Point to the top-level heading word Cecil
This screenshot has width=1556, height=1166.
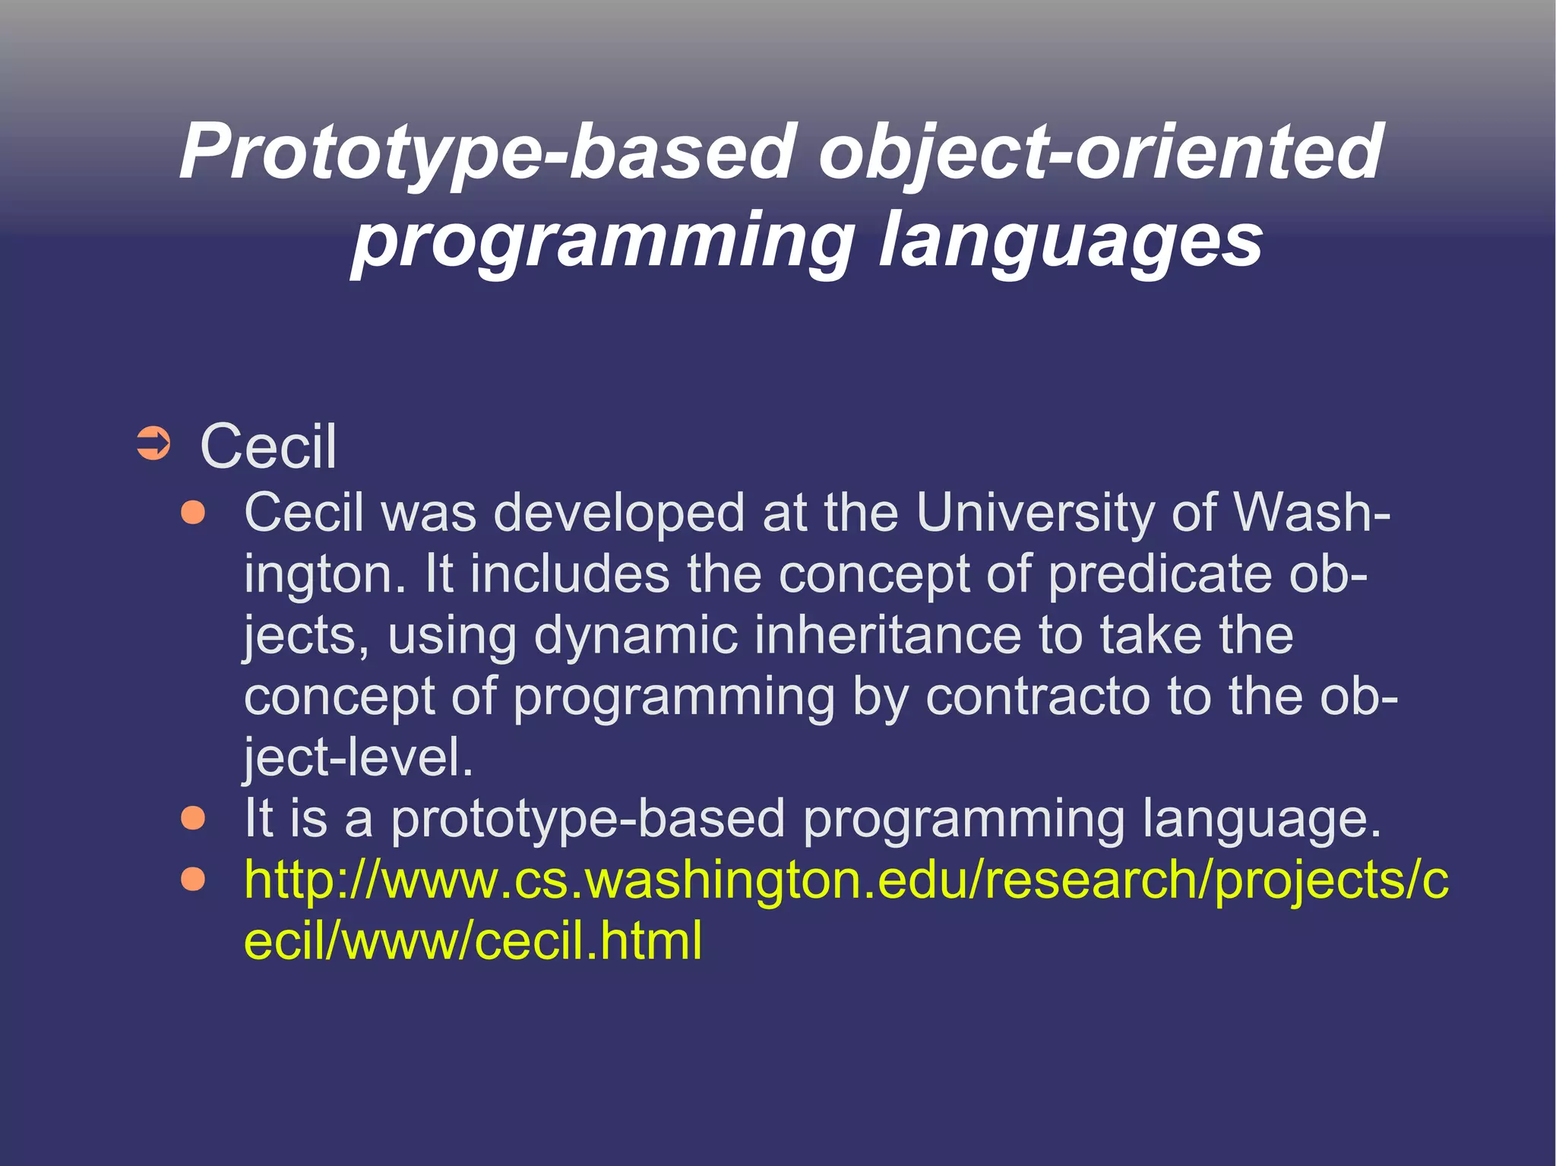click(267, 447)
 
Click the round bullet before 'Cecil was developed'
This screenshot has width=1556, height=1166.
click(194, 513)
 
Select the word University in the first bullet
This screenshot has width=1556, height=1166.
click(1034, 513)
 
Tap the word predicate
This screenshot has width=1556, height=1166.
click(1159, 574)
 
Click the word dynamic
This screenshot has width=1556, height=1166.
click(635, 635)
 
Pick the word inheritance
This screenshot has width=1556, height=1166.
click(887, 635)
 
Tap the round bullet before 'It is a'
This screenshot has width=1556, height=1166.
click(194, 818)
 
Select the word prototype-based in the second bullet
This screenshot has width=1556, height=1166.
click(588, 820)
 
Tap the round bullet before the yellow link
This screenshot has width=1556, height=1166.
click(194, 879)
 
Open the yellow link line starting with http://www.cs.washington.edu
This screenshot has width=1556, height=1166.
click(845, 880)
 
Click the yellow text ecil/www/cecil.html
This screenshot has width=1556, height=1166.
click(473, 941)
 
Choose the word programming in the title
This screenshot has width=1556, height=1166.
click(603, 242)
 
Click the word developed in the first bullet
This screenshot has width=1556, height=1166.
click(618, 513)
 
